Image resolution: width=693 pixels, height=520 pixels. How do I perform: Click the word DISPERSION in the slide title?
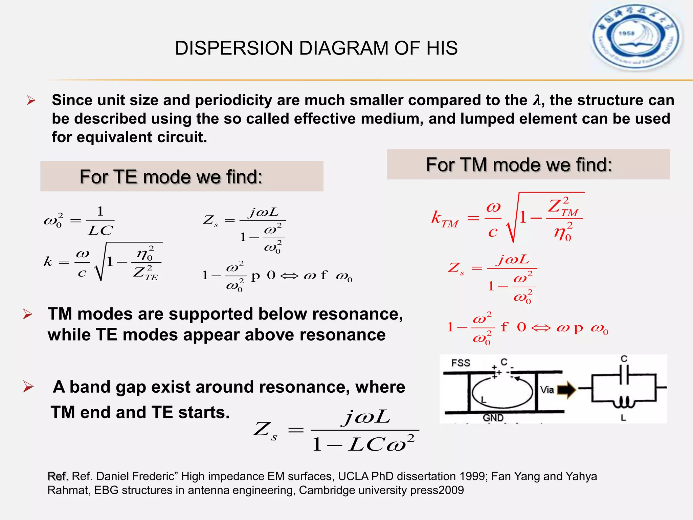233,48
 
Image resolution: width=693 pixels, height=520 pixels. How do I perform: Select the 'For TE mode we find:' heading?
171,177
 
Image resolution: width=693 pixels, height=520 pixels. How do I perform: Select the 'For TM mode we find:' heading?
519,165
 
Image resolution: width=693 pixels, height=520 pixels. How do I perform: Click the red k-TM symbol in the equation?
444,218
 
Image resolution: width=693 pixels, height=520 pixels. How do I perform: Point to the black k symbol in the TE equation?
48,261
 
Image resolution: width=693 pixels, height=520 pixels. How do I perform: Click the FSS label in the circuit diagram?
461,363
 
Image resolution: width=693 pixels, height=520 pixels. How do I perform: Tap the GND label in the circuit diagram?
493,418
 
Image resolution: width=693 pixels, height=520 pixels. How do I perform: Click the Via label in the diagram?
547,390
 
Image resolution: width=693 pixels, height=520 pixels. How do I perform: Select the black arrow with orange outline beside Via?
566,390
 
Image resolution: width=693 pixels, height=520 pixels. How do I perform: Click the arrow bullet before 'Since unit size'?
31,101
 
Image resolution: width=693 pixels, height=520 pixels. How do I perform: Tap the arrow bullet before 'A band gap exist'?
28,387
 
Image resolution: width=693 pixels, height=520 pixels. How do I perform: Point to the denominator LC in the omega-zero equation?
100,231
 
